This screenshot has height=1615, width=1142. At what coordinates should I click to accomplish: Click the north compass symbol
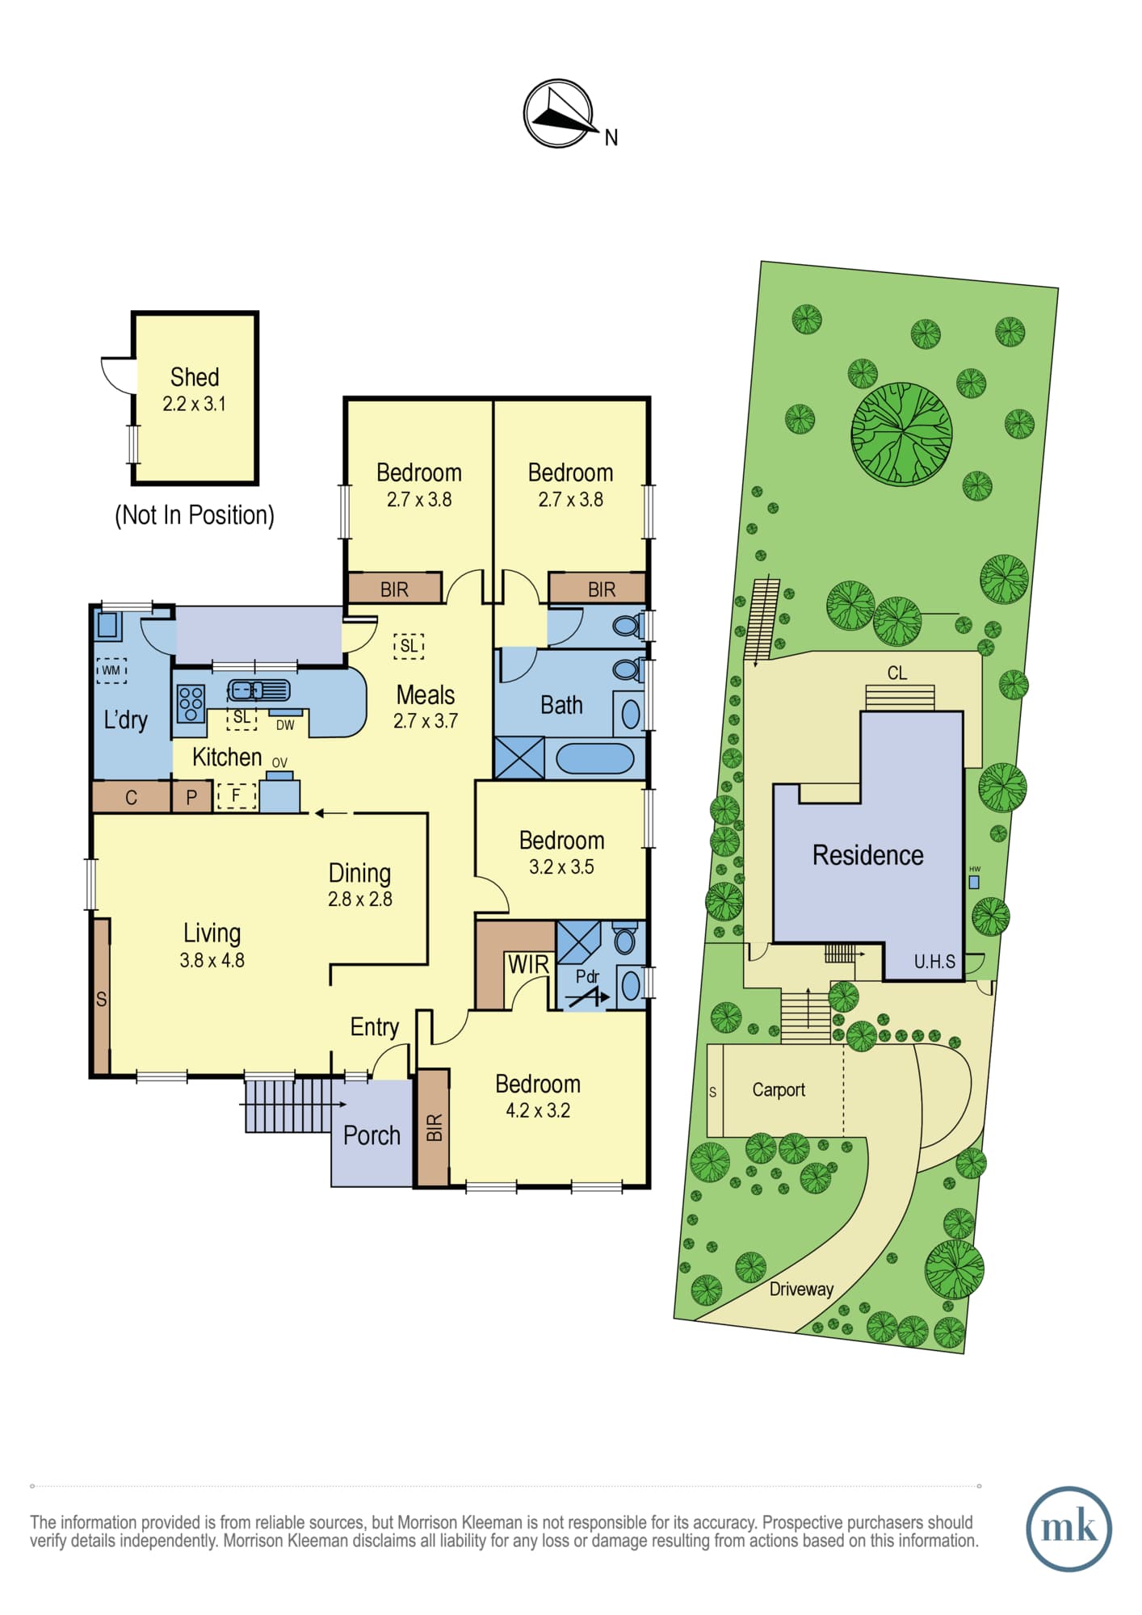559,114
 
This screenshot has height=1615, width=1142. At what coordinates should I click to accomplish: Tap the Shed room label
195,377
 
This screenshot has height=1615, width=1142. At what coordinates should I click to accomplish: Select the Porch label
372,1135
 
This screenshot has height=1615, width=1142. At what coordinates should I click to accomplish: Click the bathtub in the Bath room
594,759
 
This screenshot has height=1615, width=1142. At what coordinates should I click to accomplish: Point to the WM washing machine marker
111,670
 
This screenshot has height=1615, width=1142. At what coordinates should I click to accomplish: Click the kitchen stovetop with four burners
191,703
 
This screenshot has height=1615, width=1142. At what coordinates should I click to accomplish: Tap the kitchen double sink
258,690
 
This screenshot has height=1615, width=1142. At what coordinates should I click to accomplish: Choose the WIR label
528,964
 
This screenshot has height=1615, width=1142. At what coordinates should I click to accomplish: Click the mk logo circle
1069,1529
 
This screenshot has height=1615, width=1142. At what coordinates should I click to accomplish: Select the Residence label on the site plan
867,855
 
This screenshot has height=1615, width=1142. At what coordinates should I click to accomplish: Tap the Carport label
779,1090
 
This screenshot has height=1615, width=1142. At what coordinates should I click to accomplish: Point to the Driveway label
801,1289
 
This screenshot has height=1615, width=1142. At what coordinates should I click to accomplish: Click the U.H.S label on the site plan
934,962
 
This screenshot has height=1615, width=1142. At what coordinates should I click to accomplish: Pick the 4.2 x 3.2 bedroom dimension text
538,1110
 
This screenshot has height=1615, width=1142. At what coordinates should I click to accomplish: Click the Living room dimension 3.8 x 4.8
212,960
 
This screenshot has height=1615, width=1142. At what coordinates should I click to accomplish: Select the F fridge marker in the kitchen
236,795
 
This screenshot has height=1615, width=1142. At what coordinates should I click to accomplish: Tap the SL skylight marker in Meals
409,646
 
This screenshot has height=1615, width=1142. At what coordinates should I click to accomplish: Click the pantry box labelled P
191,797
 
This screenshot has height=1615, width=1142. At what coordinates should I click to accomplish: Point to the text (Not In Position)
195,515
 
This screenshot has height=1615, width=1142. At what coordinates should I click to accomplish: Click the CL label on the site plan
896,673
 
